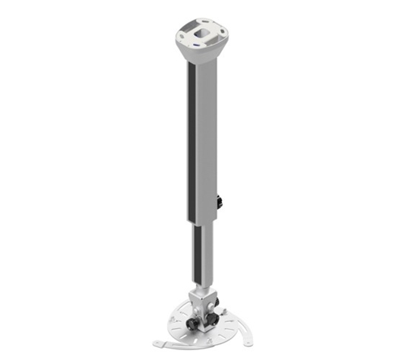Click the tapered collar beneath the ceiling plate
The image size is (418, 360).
pos(201,55)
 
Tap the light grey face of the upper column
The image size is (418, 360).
pos(211,137)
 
